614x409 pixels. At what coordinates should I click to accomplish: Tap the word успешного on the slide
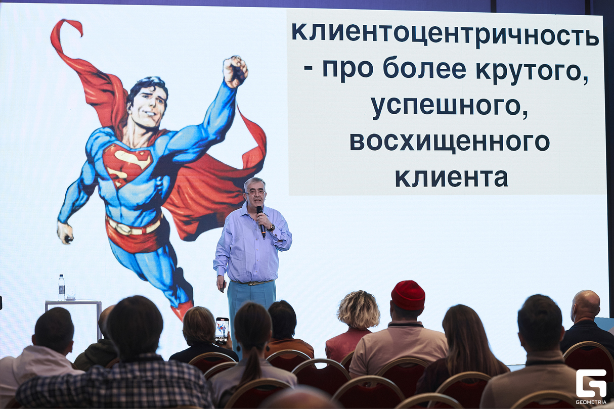pyautogui.click(x=450, y=107)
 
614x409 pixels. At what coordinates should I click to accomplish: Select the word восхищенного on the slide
pyautogui.click(x=450, y=143)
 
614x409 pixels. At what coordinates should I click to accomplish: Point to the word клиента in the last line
pyautogui.click(x=452, y=177)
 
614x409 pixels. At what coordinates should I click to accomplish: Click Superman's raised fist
pyautogui.click(x=235, y=71)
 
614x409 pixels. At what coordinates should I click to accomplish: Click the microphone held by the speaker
pyautogui.click(x=260, y=221)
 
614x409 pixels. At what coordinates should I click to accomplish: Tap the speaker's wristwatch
pyautogui.click(x=272, y=227)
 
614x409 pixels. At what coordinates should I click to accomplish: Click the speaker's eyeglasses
pyautogui.click(x=255, y=193)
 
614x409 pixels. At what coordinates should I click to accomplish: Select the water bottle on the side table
pyautogui.click(x=61, y=287)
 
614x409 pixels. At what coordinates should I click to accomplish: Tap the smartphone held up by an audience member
pyautogui.click(x=222, y=331)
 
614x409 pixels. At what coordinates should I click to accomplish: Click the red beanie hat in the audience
pyautogui.click(x=408, y=295)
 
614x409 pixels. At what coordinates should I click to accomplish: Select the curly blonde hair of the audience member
pyautogui.click(x=358, y=309)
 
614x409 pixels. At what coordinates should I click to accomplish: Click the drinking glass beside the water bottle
pyautogui.click(x=71, y=293)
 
